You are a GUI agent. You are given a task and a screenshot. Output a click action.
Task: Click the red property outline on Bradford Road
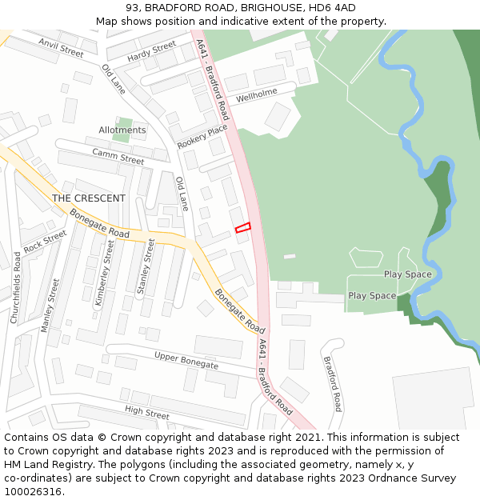pos(243,228)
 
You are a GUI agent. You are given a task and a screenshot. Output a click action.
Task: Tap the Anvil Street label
pos(61,47)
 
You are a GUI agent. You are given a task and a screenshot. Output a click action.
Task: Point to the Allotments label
pos(122,130)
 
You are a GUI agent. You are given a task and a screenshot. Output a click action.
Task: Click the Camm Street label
pos(118,155)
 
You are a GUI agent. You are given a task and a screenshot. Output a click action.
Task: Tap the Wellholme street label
pos(256,94)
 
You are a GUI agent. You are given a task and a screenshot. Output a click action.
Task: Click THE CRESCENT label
pos(89,198)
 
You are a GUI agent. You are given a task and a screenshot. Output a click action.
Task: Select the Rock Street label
pos(45,242)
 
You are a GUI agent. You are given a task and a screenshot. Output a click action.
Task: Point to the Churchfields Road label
pos(16,287)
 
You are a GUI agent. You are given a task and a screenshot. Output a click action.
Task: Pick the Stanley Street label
pos(146,266)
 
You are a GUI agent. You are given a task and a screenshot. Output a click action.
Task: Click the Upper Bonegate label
pos(186,360)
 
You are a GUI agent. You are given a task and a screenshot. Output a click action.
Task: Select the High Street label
pos(147,413)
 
